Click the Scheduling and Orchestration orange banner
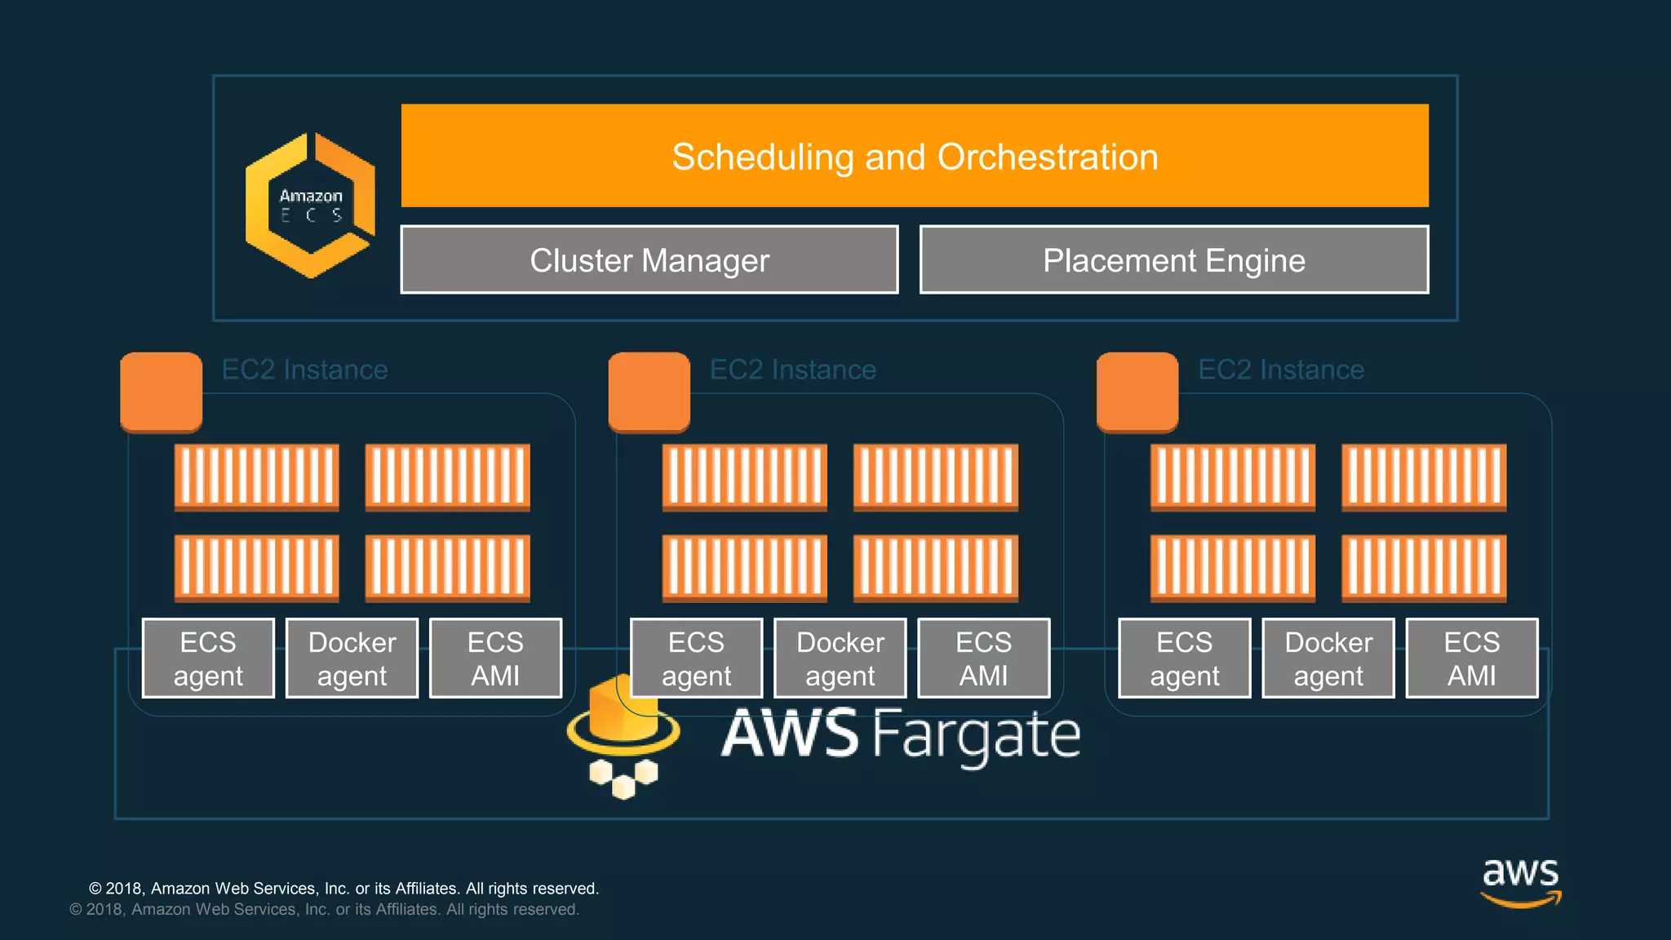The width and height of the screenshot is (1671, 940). (x=914, y=156)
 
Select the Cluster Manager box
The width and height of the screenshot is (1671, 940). (x=649, y=259)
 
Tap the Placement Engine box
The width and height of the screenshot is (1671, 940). (x=1173, y=259)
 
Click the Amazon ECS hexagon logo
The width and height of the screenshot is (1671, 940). (x=310, y=205)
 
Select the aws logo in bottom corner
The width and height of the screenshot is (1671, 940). (x=1520, y=881)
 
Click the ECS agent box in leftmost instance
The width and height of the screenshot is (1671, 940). (x=208, y=658)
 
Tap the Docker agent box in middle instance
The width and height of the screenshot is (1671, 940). (x=840, y=658)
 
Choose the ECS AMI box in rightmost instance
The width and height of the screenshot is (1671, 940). (x=1471, y=658)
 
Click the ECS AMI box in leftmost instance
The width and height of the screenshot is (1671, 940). (x=495, y=658)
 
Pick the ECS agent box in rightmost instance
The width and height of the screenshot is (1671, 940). (x=1184, y=658)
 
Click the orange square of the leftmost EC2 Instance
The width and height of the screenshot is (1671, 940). (x=161, y=392)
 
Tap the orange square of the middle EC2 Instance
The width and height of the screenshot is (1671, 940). (x=649, y=392)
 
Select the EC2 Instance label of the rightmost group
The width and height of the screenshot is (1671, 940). (x=1280, y=370)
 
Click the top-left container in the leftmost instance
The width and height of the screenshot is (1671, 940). (x=256, y=477)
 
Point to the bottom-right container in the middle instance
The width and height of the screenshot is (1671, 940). (x=935, y=568)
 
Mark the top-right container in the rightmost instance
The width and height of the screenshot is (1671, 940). (x=1423, y=477)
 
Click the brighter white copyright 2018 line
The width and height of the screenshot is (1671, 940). (x=344, y=888)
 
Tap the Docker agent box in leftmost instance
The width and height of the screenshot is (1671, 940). (x=352, y=658)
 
